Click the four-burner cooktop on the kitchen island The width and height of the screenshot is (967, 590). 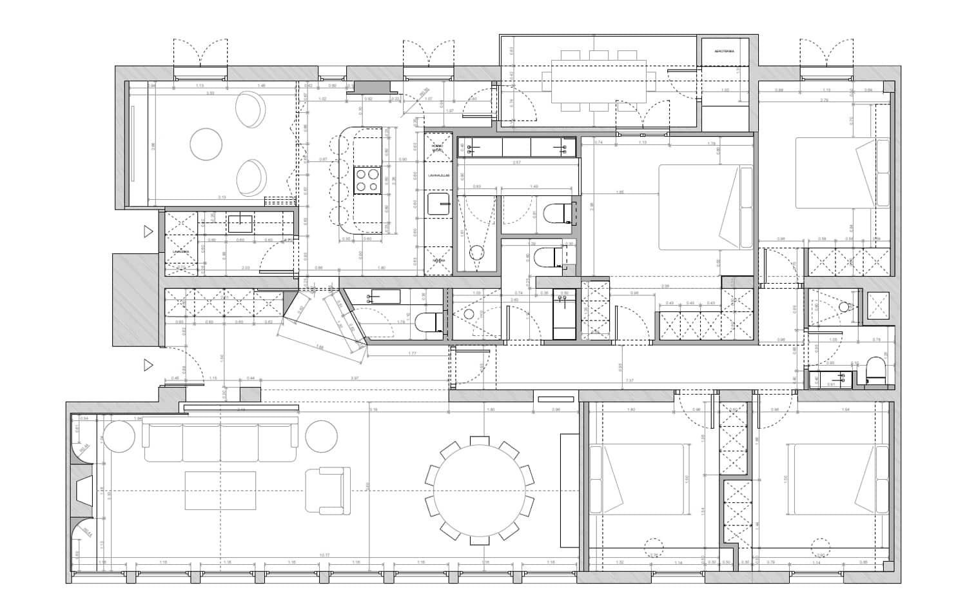coord(367,180)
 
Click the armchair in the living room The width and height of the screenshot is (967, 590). coord(327,491)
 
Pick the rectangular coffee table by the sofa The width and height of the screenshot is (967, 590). coord(220,491)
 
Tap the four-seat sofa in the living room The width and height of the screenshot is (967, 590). coord(220,439)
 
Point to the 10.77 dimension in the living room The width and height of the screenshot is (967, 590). coord(324,555)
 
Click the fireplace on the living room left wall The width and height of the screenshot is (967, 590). coord(84,492)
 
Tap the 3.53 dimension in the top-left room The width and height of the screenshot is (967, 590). coord(210,93)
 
